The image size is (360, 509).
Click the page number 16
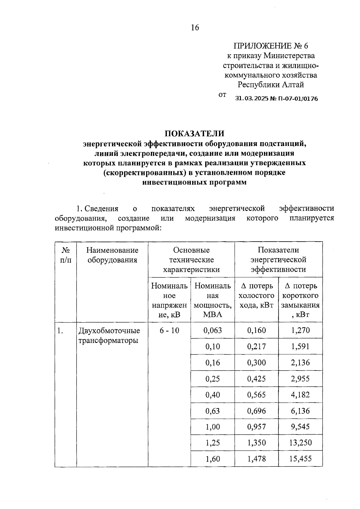click(195, 28)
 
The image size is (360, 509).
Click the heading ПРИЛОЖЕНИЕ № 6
click(271, 46)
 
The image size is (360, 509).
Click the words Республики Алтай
click(271, 85)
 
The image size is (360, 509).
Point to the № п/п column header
click(66, 255)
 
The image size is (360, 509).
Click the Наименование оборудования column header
click(112, 255)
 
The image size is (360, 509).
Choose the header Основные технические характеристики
click(191, 260)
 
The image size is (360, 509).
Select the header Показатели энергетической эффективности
click(278, 260)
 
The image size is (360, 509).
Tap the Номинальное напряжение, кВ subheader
click(169, 300)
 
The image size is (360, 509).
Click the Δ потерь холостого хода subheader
click(256, 296)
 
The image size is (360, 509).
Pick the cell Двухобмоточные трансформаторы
click(109, 335)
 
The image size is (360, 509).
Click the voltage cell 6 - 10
click(169, 331)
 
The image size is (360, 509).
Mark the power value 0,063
click(212, 331)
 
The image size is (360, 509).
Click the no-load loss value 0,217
click(256, 347)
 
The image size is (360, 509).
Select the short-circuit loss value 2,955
click(300, 379)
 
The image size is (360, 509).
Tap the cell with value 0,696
click(256, 411)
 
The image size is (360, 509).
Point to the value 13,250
click(300, 443)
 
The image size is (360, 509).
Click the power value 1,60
click(212, 459)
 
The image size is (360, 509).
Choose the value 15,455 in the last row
click(300, 459)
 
